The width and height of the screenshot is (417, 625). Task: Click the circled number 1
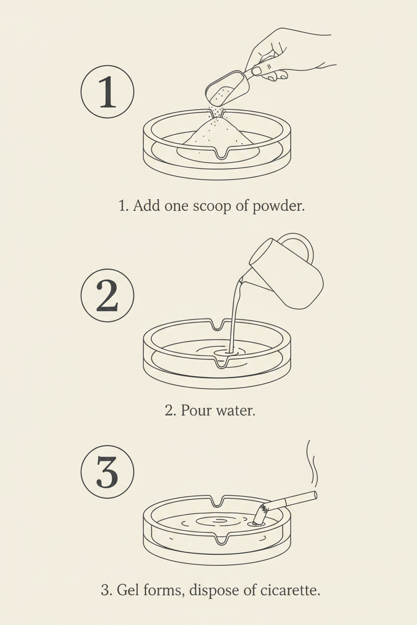click(x=107, y=92)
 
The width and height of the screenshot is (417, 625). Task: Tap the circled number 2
click(x=107, y=295)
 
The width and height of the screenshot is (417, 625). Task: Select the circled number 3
click(x=107, y=472)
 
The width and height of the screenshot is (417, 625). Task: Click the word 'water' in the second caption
click(x=236, y=410)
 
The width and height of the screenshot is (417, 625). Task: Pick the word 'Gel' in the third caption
click(x=127, y=589)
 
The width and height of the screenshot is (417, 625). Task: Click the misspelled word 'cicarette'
click(x=290, y=589)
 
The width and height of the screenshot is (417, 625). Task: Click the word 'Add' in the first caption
click(x=146, y=206)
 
